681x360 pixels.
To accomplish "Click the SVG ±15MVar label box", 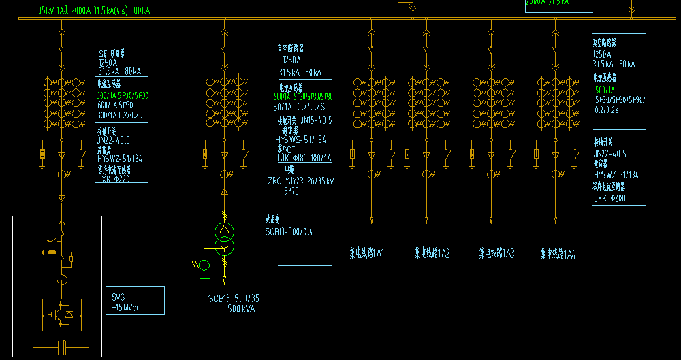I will click(137, 300).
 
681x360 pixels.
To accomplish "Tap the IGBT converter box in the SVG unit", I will click(62, 314).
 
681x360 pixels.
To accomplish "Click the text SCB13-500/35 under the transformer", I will click(234, 298).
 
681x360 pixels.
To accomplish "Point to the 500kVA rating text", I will click(241, 308).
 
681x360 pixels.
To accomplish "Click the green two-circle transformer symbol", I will click(224, 239).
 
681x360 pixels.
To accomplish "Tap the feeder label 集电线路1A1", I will click(367, 254).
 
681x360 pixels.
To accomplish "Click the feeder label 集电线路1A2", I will click(432, 254).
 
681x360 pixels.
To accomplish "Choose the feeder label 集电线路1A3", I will click(496, 254).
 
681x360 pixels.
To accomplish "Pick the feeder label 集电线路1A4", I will click(558, 254).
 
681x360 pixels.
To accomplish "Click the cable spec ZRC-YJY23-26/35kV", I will click(300, 181).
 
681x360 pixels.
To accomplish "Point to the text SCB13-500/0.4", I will click(289, 231).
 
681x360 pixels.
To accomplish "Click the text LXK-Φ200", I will click(609, 199).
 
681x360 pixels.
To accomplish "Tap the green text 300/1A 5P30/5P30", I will click(123, 95).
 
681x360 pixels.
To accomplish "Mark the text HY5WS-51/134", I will click(300, 140).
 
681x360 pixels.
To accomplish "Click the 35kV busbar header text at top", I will click(94, 11).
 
